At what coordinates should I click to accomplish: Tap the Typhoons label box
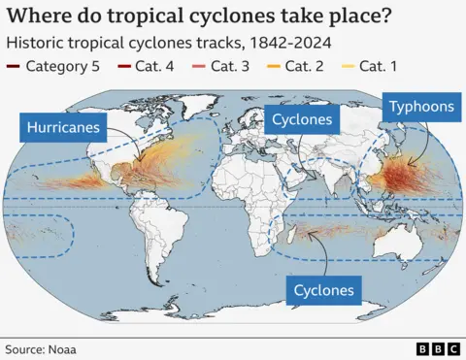421,107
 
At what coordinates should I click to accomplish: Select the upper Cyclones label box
302,120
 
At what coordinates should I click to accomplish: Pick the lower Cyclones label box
324,289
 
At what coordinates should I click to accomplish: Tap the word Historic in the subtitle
37,43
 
